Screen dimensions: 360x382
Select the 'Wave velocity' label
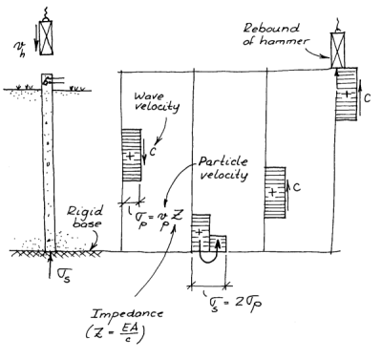tap(157, 102)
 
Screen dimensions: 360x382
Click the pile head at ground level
tap(45, 83)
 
